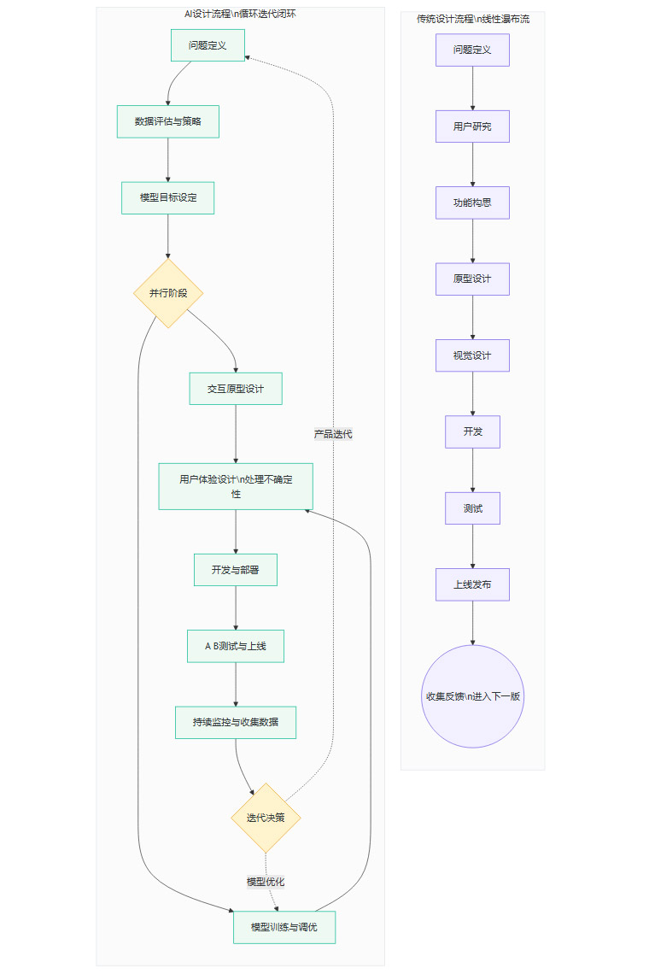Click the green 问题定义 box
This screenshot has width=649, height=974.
point(208,45)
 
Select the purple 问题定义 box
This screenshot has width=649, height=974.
point(472,50)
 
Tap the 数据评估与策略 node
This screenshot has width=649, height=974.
point(167,121)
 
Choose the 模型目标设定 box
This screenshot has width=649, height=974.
point(167,197)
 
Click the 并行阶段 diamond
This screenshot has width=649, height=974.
point(167,293)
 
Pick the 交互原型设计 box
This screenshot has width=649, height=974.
point(236,389)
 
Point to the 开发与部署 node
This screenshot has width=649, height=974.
point(236,570)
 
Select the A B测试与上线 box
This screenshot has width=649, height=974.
point(236,646)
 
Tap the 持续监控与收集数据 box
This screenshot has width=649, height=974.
point(236,722)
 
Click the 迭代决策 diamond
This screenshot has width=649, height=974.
point(266,818)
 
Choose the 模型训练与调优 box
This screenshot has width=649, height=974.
point(284,927)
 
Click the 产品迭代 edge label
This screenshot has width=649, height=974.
point(333,434)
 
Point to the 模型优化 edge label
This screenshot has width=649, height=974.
point(266,882)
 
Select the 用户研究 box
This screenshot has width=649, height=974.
point(472,126)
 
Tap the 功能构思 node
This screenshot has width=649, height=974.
point(472,202)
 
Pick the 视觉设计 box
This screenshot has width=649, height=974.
point(472,355)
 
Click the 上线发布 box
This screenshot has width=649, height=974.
point(472,584)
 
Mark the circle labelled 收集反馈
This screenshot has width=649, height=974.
point(472,696)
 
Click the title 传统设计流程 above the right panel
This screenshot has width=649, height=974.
point(472,19)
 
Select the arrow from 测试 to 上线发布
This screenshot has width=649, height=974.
point(472,546)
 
